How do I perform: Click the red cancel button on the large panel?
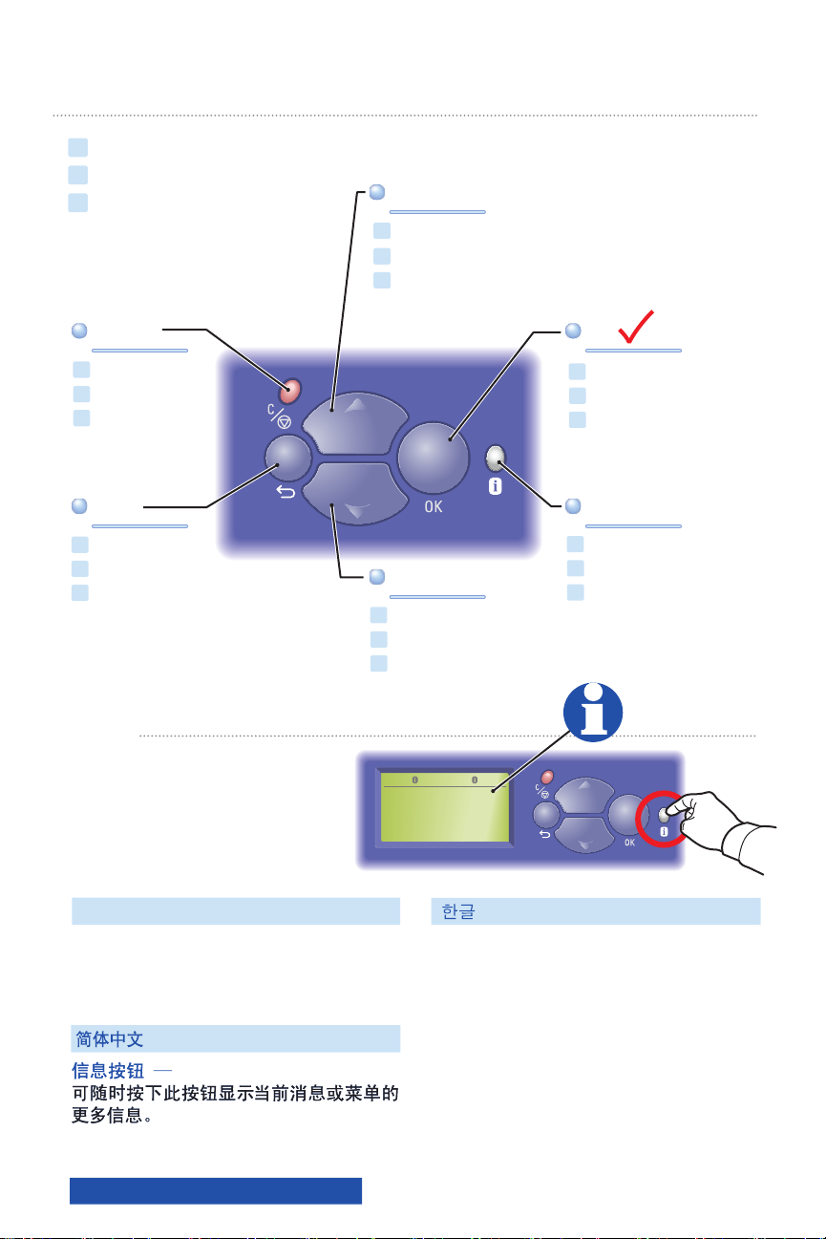[290, 390]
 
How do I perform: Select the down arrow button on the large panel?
[355, 492]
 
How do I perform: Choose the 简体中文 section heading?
[110, 1038]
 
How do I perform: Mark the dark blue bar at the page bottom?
[216, 1190]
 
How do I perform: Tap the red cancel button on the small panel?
[547, 779]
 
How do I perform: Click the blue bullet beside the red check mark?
[573, 331]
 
